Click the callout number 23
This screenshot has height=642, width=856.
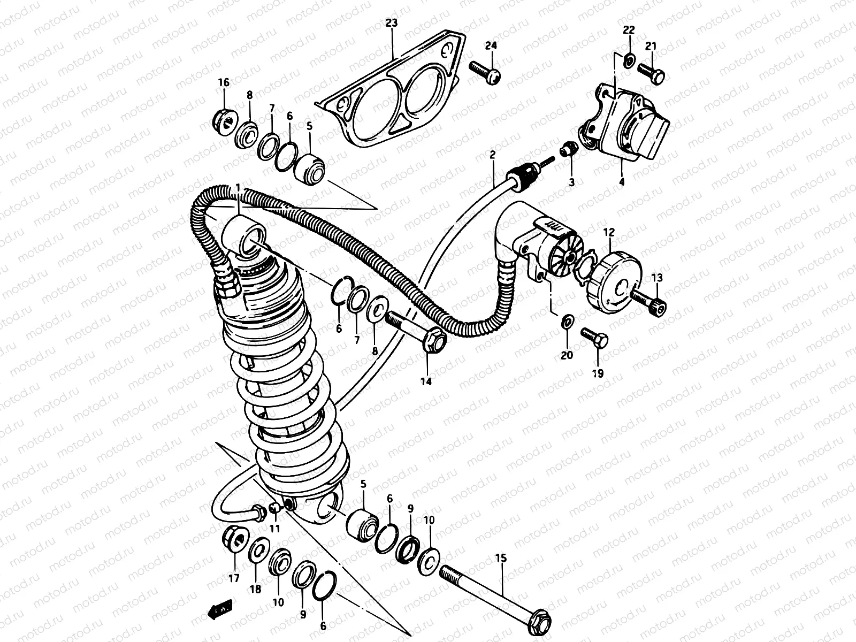pyautogui.click(x=392, y=23)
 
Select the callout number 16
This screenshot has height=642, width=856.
pyautogui.click(x=223, y=82)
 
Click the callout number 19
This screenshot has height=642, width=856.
pyautogui.click(x=598, y=373)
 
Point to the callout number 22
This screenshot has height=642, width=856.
pyautogui.click(x=629, y=29)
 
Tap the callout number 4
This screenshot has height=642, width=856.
pyautogui.click(x=621, y=181)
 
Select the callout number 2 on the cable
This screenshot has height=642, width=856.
pyautogui.click(x=492, y=155)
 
